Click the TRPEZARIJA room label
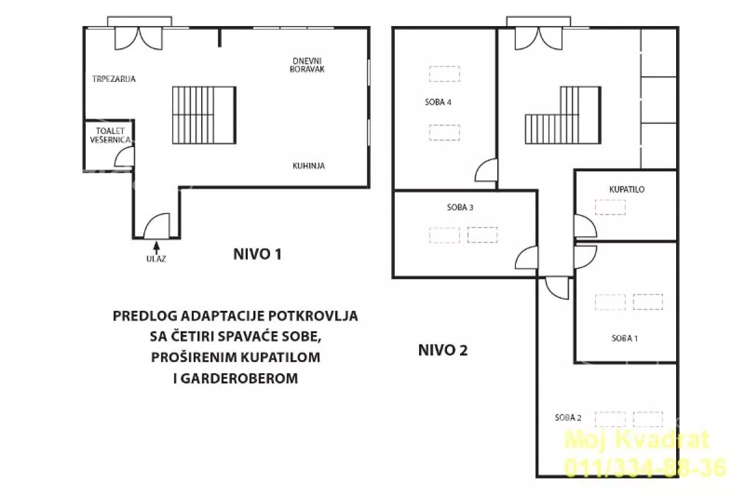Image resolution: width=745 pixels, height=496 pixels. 114,79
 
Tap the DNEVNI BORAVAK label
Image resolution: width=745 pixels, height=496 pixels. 307,65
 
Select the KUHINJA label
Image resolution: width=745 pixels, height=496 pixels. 309,166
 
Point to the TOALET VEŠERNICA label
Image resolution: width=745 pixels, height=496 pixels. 110,135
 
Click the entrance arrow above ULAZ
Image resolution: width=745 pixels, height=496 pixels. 156,248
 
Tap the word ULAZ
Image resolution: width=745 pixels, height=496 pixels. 156,258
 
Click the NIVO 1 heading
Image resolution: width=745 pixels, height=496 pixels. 258,255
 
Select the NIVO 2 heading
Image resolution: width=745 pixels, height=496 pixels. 443,350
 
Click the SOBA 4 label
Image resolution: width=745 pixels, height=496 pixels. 438,102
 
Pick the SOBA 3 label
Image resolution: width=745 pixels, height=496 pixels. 460,207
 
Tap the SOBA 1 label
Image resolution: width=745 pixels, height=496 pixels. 625,338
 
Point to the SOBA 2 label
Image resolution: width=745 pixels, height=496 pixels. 568,418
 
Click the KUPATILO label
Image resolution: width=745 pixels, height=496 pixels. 627,189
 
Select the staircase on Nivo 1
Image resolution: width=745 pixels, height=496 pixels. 204,115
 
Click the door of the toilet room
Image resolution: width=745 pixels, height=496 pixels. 124,156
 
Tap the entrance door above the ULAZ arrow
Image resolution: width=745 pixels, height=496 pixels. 156,226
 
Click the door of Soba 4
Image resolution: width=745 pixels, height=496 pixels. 486,170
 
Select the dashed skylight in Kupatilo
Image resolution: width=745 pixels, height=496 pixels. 610,207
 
